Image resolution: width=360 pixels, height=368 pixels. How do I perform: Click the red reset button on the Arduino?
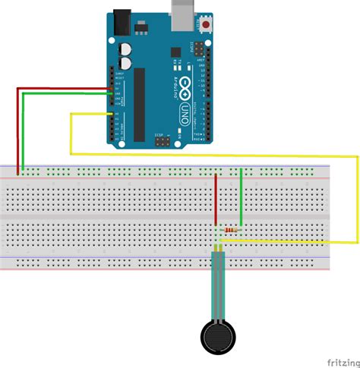(x=207, y=26)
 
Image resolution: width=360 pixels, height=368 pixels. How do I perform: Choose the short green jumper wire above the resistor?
(x=241, y=196)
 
